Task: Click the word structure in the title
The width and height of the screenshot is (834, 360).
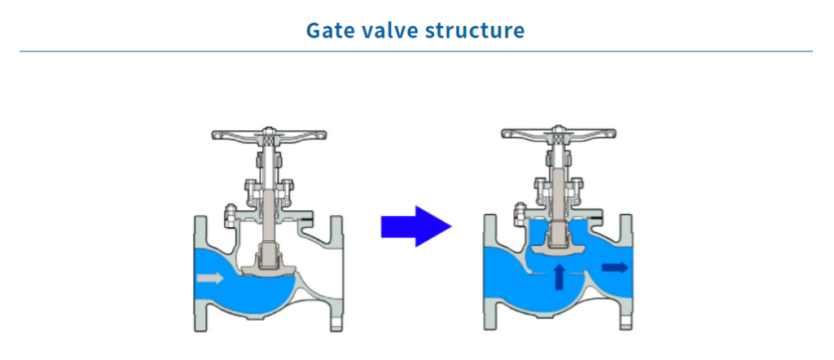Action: [x=475, y=31]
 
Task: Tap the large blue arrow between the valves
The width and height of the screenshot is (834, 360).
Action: [x=416, y=226]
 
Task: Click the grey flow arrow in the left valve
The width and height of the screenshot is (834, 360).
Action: [x=209, y=278]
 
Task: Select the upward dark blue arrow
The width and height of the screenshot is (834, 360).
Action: [x=559, y=277]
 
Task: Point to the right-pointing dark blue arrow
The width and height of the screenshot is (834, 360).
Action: [x=615, y=267]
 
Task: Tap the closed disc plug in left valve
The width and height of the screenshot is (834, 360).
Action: [x=268, y=266]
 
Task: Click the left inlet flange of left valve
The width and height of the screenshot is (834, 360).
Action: [x=200, y=274]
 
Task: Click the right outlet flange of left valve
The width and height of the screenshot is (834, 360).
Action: [x=336, y=274]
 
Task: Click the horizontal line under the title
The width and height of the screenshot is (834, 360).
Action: [x=416, y=51]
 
